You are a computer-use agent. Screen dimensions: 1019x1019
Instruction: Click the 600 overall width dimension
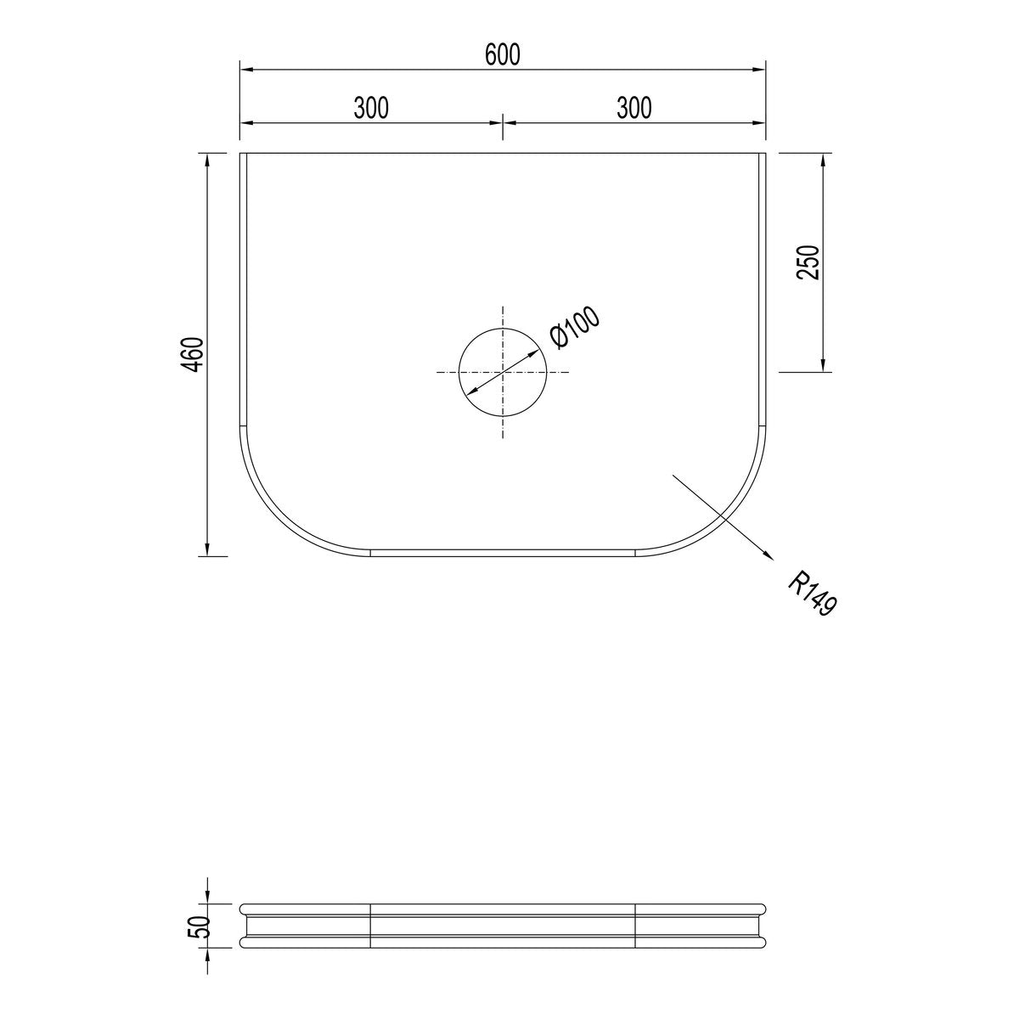coord(503,55)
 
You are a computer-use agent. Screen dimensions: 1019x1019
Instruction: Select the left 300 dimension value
coord(371,108)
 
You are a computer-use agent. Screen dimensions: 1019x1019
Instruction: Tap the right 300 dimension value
coord(634,108)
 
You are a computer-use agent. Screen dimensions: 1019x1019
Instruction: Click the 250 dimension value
coord(808,262)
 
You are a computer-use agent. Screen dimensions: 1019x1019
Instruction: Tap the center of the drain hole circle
coord(503,372)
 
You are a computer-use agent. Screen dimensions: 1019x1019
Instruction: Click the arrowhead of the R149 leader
coord(768,555)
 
